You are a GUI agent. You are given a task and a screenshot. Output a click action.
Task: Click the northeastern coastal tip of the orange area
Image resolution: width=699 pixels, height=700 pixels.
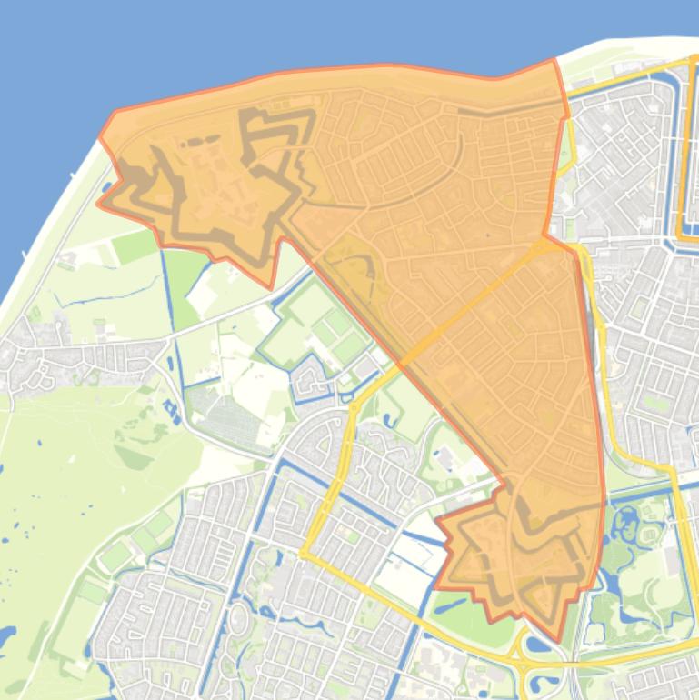tap(554, 60)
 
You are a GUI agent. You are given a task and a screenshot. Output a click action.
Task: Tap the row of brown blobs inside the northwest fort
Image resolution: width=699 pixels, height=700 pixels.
tap(205, 142)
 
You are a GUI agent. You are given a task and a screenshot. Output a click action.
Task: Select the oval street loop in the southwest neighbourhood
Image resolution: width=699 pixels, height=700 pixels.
tap(237, 619)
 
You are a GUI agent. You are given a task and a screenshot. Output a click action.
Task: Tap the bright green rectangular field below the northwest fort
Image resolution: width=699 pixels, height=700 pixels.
tap(135, 245)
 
